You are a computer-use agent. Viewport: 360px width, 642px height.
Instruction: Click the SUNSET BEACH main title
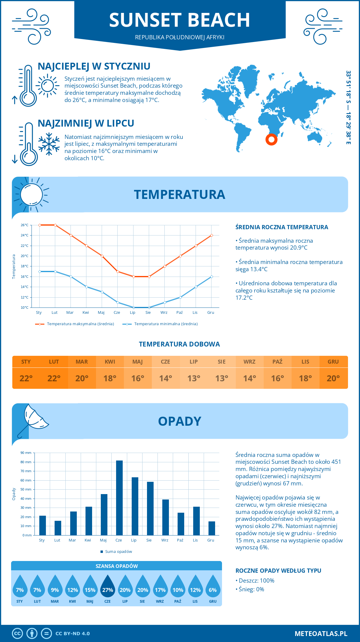179,20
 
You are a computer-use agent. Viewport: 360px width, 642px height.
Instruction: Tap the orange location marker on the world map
271,139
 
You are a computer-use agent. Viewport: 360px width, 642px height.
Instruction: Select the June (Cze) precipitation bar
119,498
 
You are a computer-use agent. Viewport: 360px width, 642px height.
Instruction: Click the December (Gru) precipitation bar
211,528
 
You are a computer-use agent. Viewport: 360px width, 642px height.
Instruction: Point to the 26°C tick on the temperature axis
25,225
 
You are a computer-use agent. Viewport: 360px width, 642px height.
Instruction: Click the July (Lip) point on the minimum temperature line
133,307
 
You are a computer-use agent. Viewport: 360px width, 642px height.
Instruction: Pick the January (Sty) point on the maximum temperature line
40,225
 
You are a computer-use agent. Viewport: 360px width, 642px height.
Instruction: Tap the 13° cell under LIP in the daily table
193,378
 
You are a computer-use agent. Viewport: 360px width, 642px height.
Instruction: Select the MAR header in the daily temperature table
82,362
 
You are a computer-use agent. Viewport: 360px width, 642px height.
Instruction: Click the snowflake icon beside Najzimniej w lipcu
49,144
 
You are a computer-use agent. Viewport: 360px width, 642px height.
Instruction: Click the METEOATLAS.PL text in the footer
321,634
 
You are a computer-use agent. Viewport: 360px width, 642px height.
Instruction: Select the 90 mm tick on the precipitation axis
26,453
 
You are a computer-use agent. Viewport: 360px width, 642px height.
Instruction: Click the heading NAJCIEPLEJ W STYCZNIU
94,66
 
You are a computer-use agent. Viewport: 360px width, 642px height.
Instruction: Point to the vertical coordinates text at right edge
348,107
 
